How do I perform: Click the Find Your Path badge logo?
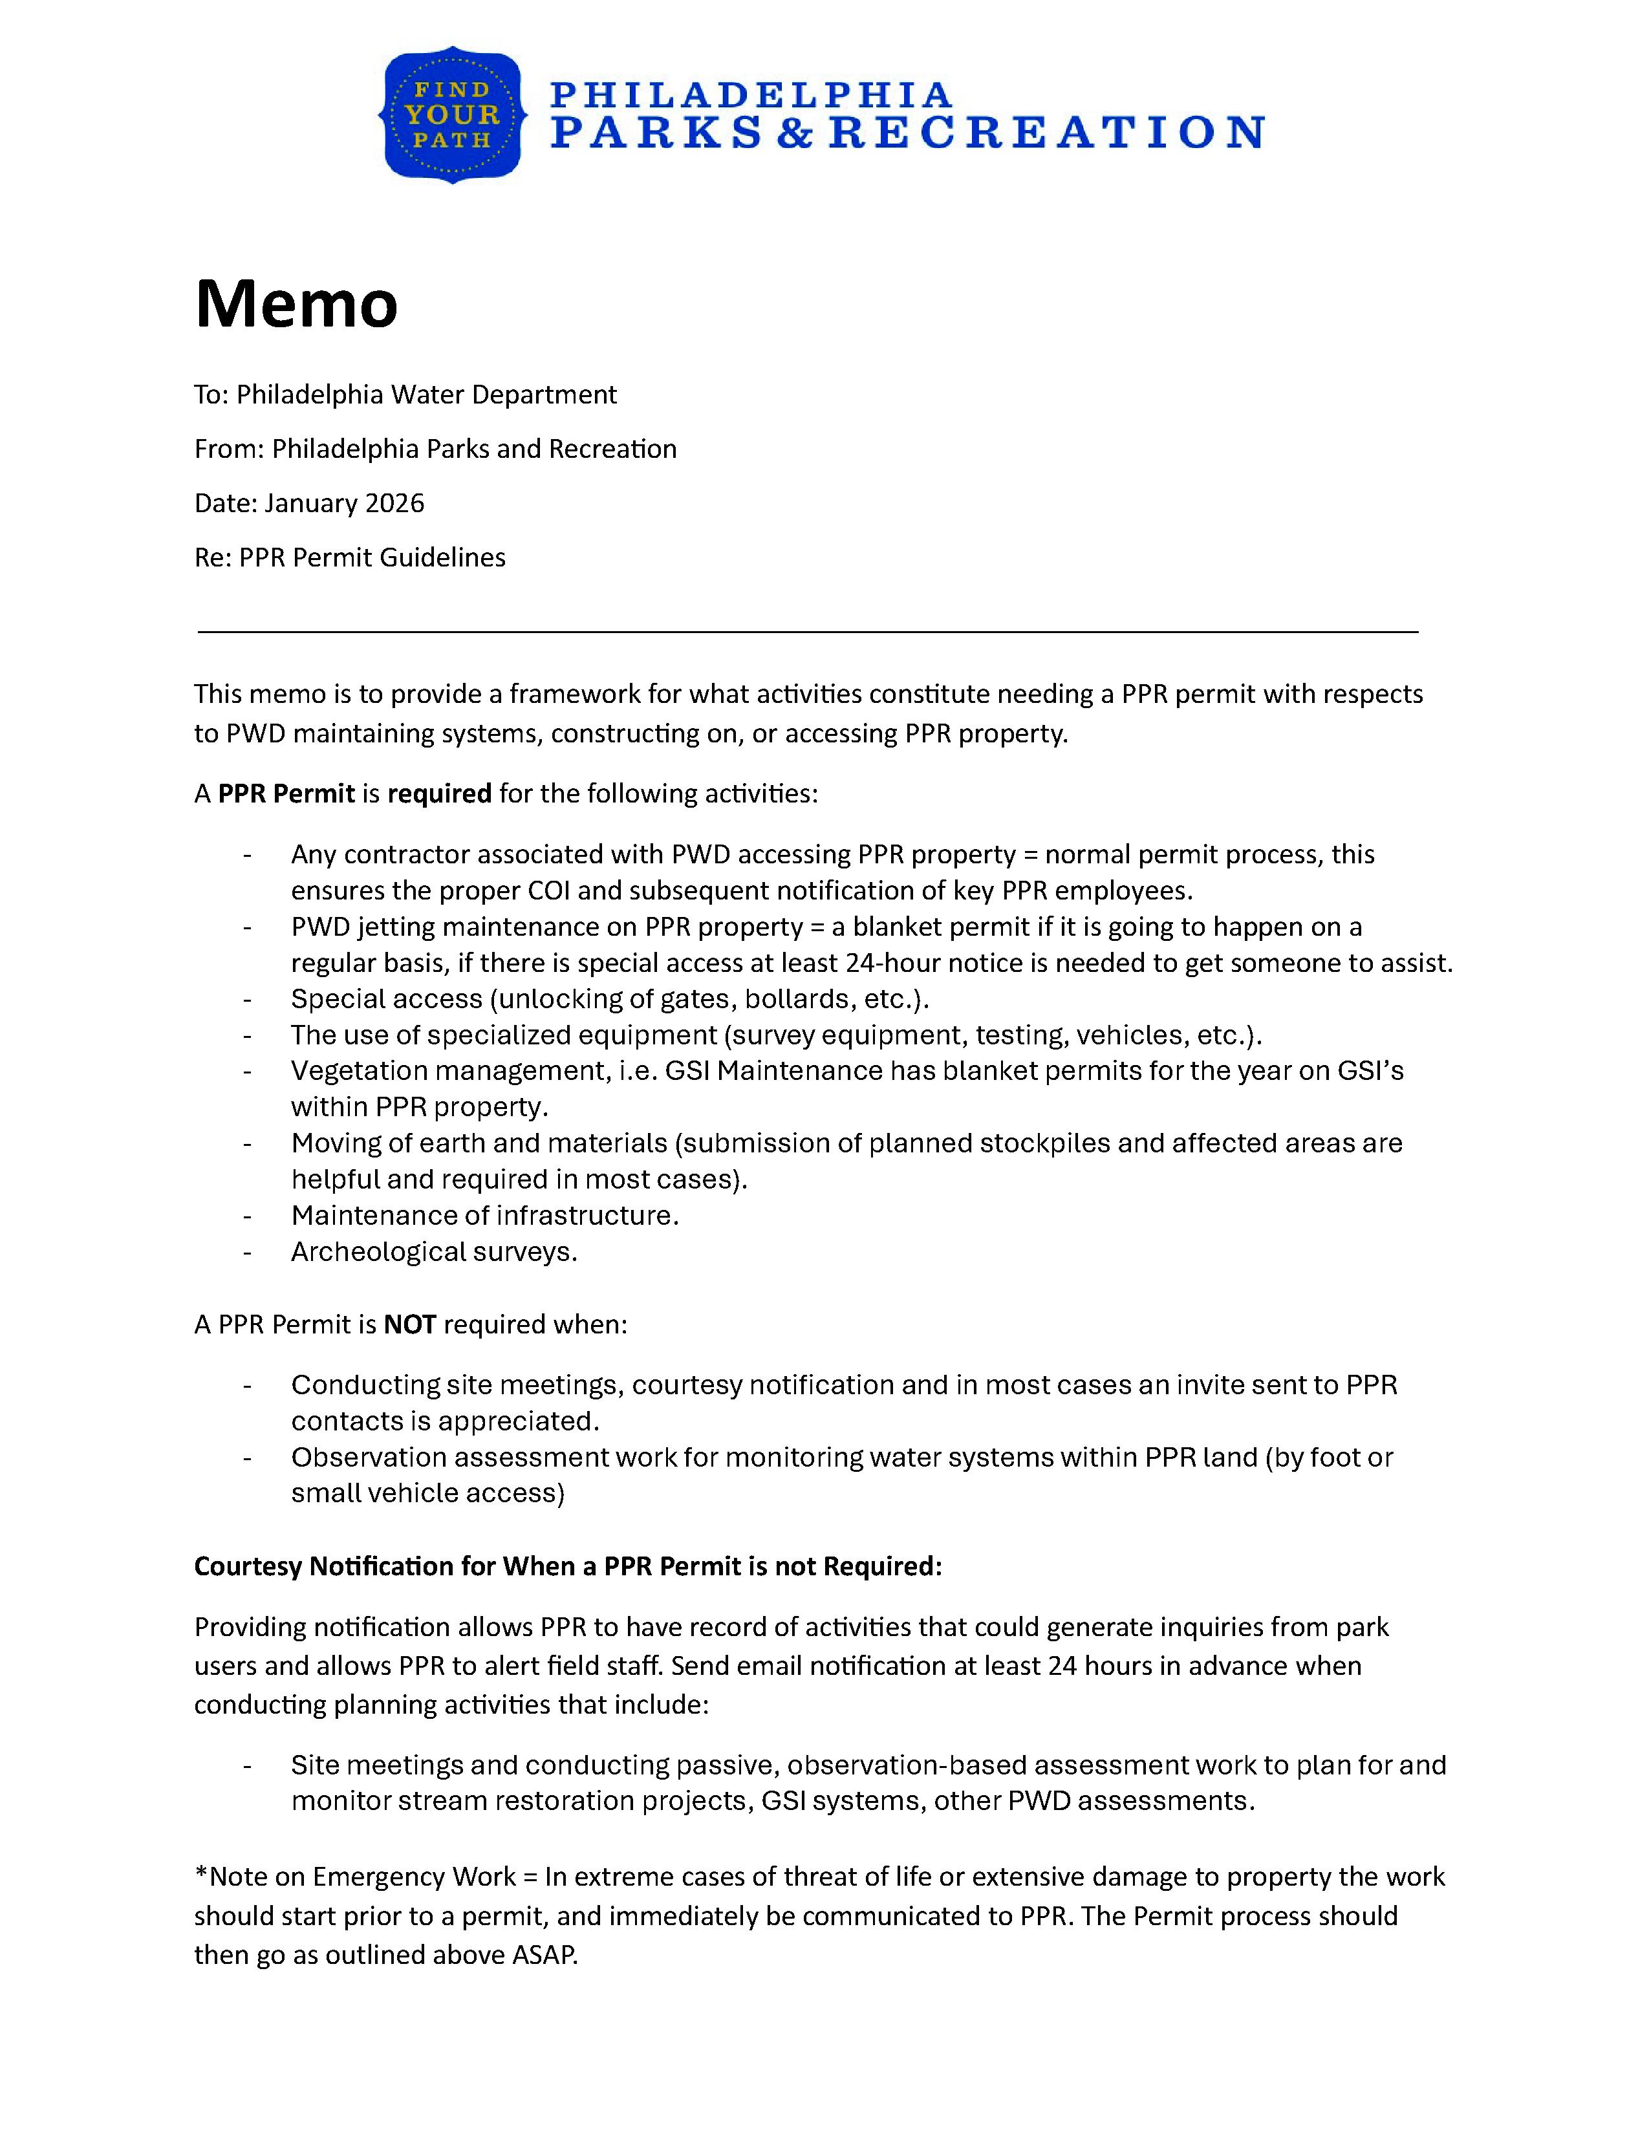pyautogui.click(x=452, y=114)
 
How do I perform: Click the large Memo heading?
pyautogui.click(x=296, y=304)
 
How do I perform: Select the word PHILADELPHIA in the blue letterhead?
pyautogui.click(x=750, y=95)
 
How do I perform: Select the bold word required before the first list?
pyautogui.click(x=440, y=793)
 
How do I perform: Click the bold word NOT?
pyautogui.click(x=409, y=1325)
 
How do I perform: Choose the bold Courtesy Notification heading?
pyautogui.click(x=568, y=1566)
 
